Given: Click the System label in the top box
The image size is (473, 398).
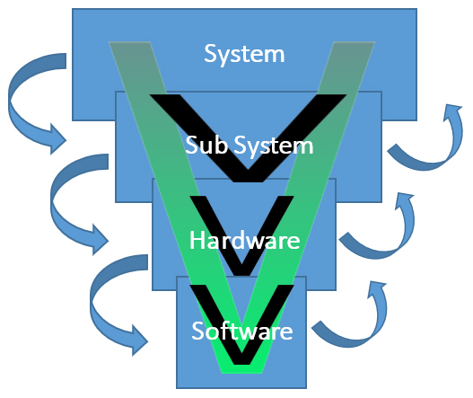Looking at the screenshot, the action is (x=244, y=55).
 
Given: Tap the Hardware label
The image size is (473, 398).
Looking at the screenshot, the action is (x=245, y=240).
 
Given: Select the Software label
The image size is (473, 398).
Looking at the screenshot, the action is (x=242, y=331).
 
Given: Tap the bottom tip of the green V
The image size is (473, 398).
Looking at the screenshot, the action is (x=242, y=373).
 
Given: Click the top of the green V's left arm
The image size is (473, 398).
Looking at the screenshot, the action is (x=129, y=42).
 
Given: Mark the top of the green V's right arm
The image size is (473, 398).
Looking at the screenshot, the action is (x=355, y=42).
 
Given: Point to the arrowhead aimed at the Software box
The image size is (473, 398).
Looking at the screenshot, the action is (x=139, y=341).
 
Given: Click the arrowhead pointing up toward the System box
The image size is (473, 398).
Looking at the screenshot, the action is (x=452, y=111).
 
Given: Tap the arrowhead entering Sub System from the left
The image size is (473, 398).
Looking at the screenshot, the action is (x=58, y=139).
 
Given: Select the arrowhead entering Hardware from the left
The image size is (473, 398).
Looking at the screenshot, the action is (x=101, y=240).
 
